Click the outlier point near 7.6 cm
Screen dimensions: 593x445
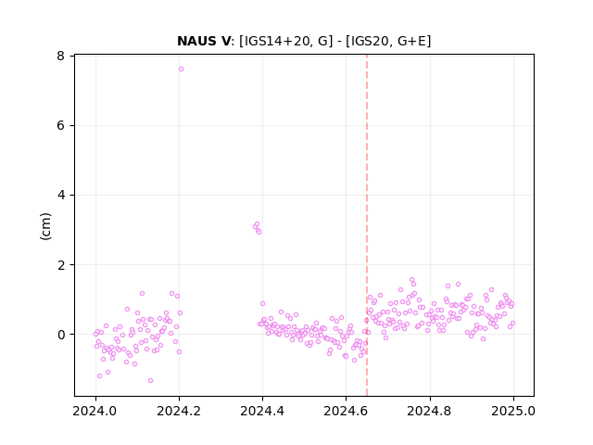[181, 69]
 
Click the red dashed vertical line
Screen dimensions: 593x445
[367, 225]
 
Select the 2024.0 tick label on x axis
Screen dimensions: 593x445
[95, 411]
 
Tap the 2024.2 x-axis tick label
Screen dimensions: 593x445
[179, 411]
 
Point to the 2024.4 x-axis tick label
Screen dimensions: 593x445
[262, 411]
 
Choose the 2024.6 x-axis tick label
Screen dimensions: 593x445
[346, 411]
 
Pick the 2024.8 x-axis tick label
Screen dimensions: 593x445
[430, 411]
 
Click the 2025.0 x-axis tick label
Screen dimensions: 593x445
[513, 411]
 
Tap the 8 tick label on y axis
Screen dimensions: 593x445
[60, 56]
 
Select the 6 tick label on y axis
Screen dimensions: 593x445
[60, 126]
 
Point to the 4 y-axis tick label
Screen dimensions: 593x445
[60, 196]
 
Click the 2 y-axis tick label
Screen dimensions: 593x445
[60, 265]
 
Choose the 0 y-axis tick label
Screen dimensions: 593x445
[60, 335]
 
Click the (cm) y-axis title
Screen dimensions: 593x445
[45, 226]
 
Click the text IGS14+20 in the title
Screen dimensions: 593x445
[279, 41]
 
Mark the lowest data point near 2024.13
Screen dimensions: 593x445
[150, 380]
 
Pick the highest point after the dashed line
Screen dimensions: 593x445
[411, 280]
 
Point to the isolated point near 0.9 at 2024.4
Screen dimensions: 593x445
[262, 303]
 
